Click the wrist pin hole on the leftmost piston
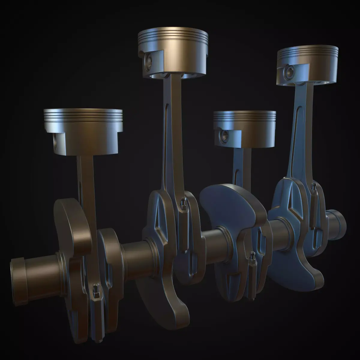click(56, 141)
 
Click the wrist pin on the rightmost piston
click(290, 71)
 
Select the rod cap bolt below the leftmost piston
click(96, 289)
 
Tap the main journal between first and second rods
click(135, 255)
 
